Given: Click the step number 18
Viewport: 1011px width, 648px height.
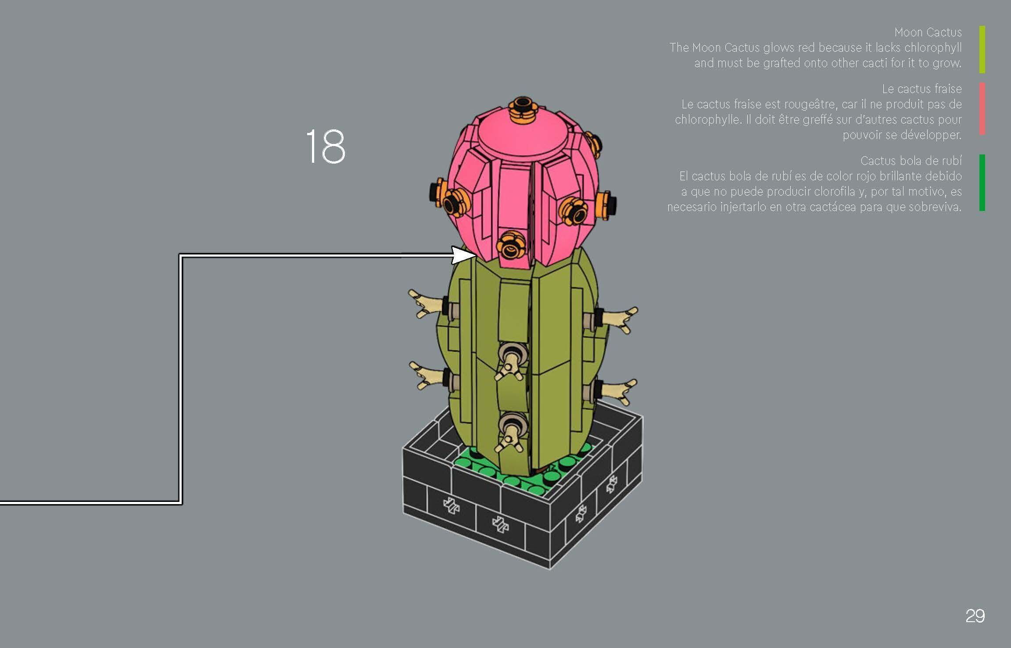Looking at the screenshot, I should (x=325, y=147).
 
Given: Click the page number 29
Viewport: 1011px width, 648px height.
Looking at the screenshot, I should (x=975, y=616).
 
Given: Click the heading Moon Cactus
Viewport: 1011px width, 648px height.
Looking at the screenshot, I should (x=928, y=32).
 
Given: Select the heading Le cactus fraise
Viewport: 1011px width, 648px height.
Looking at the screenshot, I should (x=921, y=89).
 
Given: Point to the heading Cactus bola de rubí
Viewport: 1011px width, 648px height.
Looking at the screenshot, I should (x=911, y=161).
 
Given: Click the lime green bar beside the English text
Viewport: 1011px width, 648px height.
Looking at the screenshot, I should (x=982, y=49).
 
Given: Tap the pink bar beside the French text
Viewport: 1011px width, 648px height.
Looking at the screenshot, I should (x=982, y=108).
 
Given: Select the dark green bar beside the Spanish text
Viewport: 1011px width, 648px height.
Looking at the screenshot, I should (x=982, y=182).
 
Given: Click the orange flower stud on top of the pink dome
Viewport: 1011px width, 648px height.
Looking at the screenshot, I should (x=523, y=109).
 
